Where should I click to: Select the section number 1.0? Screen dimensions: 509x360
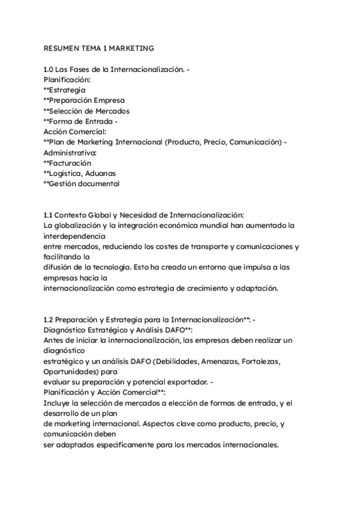[x=50, y=70]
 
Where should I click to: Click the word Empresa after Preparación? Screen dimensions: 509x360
[x=110, y=100]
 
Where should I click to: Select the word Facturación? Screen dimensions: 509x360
[x=70, y=163]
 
